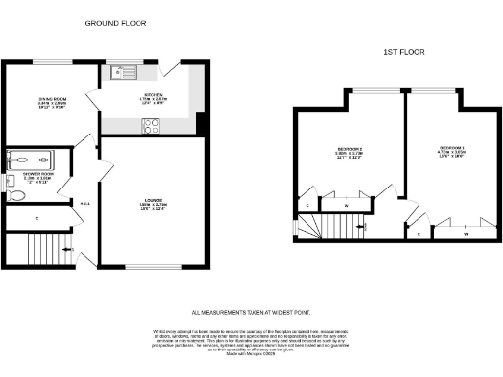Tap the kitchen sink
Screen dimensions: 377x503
click(x=125, y=71)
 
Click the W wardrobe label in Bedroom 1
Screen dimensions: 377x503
click(x=464, y=234)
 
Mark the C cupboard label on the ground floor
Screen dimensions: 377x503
click(x=36, y=218)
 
